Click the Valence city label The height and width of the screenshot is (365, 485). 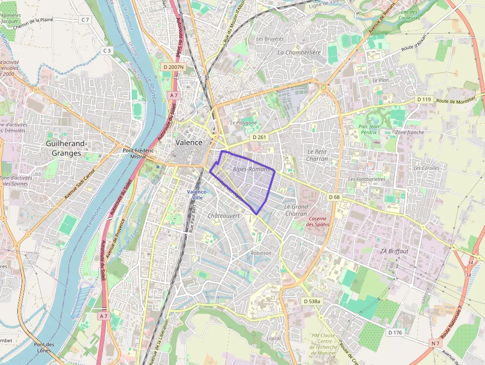click(x=189, y=143)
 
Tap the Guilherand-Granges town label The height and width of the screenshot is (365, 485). click(x=66, y=149)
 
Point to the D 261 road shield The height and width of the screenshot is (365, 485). click(x=259, y=137)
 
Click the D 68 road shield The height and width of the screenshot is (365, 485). click(x=335, y=197)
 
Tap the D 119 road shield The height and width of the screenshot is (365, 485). click(x=424, y=100)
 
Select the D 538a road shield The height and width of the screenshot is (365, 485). click(x=312, y=301)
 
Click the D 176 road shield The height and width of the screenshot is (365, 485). click(x=395, y=332)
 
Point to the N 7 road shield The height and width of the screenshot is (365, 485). click(x=435, y=343)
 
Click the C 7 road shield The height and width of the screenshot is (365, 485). click(x=86, y=20)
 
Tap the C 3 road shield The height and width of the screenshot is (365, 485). click(x=107, y=51)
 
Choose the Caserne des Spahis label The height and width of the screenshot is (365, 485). click(x=317, y=221)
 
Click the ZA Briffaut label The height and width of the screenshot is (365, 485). click(x=394, y=251)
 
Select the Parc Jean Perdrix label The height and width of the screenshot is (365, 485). click(x=368, y=129)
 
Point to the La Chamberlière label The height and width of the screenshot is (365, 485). click(x=299, y=52)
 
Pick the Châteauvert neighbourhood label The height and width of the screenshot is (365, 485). click(x=224, y=216)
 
